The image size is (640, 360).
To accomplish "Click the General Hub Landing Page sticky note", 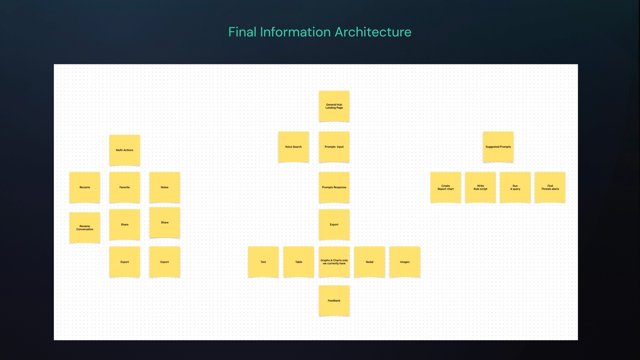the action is pos(334,106).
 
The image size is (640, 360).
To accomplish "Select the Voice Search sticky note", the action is pos(293,147).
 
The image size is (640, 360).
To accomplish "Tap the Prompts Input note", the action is pos(334,147).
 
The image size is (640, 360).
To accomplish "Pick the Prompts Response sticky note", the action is pos(334,187).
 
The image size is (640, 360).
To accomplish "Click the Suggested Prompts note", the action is pos(498,147).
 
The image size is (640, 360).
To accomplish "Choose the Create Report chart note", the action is pos(446,187).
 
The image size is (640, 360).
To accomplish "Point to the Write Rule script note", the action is pos(480,187).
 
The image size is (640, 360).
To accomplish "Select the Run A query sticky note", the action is pos(515,187).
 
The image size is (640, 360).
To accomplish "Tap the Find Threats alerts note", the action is pos(550,187).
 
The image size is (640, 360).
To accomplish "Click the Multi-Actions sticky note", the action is pos(125,150).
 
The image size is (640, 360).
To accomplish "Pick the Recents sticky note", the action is pos(85,187).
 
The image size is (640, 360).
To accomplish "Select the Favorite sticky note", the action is pos(125,187).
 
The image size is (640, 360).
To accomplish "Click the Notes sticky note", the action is pos(165,187).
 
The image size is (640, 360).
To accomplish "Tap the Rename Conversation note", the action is pos(85,228).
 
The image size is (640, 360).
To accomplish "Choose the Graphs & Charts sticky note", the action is pos(334,262).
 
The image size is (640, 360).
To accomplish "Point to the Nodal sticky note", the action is pos(369,262).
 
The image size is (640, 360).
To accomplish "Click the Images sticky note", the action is pos(405,262).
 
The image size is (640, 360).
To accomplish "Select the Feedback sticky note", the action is pos(334,301).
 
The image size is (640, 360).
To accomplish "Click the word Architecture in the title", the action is pos(373,32).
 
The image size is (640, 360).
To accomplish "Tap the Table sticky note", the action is pos(299,262).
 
